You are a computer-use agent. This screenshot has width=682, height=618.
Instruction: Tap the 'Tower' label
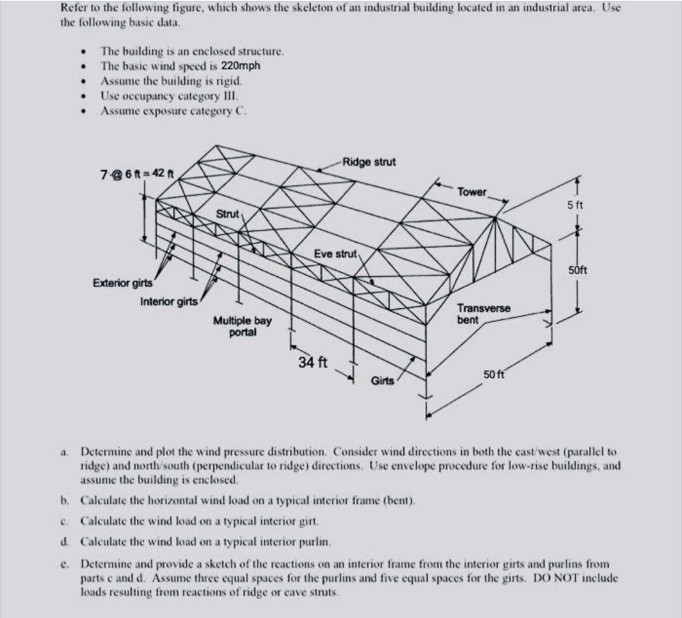(x=472, y=191)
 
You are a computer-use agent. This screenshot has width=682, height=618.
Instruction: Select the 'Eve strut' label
(x=336, y=253)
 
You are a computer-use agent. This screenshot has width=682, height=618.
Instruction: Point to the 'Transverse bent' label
(x=484, y=314)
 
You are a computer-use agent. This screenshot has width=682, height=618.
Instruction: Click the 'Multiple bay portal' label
(x=242, y=326)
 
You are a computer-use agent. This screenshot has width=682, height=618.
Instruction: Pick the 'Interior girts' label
(x=169, y=301)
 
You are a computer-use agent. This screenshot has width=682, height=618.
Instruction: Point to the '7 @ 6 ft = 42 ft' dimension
(x=138, y=172)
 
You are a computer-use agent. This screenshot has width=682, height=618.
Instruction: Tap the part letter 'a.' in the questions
(x=65, y=452)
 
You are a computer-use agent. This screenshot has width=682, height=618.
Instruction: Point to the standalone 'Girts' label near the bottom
(x=383, y=380)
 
